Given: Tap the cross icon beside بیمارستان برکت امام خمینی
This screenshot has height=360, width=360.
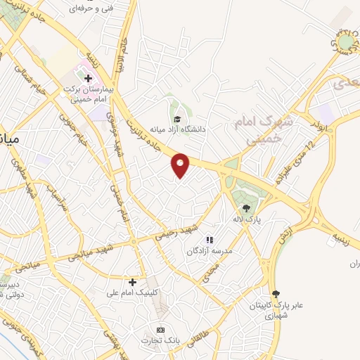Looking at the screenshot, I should coord(88,78).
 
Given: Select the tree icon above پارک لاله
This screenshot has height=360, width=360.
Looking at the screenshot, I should coord(246,208).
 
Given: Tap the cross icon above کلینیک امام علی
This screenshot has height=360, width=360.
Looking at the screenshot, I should coord(132,281).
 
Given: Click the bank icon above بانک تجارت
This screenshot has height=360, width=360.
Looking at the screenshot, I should coord(160,330).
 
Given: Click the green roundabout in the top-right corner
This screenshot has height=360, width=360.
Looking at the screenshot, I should coord(345,44).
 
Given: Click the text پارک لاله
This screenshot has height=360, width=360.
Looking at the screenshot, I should coord(247,220).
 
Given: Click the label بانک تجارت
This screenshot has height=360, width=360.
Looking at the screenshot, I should coord(160,341).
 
